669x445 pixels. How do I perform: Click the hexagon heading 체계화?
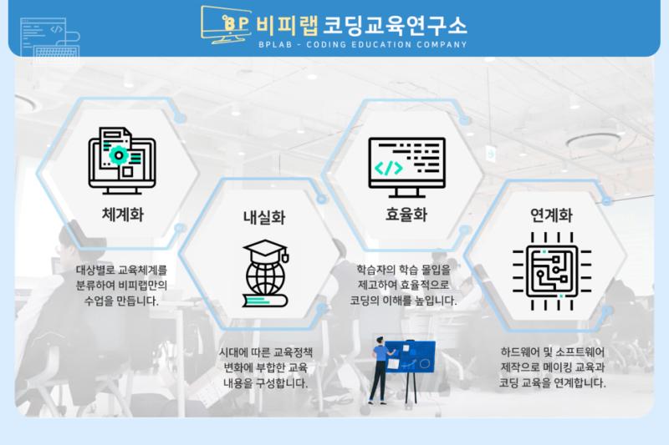(x=122, y=215)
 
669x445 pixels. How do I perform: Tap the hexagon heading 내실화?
(x=264, y=217)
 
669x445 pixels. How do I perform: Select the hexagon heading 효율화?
(x=406, y=215)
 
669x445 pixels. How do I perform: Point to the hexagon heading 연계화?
(x=551, y=215)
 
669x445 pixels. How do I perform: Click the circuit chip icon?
(x=552, y=271)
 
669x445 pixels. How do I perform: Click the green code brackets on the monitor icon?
(x=388, y=168)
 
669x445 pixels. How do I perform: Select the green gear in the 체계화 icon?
(x=119, y=155)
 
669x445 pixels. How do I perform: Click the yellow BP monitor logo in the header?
(x=226, y=25)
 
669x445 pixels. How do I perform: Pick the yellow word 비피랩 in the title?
(x=287, y=25)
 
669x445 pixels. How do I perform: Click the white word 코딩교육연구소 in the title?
(x=395, y=25)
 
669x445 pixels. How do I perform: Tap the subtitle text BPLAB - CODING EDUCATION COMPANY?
(x=363, y=44)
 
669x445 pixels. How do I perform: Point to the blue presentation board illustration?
(x=411, y=357)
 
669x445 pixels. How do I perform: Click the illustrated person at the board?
(x=380, y=370)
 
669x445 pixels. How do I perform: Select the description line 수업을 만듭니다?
(x=121, y=301)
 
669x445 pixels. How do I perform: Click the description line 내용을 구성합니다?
(x=265, y=383)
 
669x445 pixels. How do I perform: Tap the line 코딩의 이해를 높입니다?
(x=403, y=301)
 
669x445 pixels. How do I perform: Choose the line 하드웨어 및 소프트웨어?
(x=553, y=351)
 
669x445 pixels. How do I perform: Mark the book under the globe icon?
(x=265, y=301)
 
